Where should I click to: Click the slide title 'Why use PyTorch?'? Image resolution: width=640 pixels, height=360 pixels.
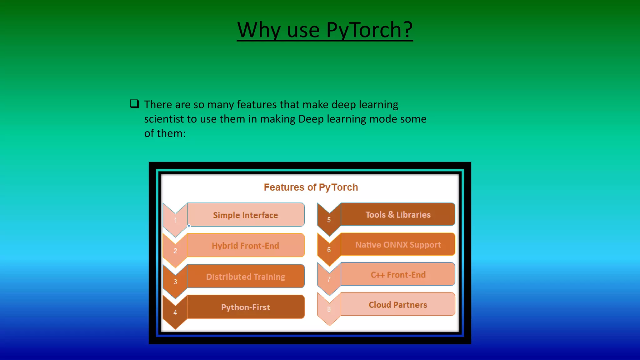point(325,30)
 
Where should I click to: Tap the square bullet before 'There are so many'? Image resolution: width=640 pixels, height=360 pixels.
point(134,104)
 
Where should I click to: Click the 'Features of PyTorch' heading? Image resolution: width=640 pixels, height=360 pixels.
point(311,187)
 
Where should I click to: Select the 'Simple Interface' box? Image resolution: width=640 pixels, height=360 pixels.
point(246,215)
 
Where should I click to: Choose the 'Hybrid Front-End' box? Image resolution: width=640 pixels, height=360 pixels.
point(246,246)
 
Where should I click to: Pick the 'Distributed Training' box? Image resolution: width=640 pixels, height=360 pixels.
point(246,277)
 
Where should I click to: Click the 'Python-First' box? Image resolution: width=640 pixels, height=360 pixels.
point(246,307)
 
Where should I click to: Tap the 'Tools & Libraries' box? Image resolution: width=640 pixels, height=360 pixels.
point(398,215)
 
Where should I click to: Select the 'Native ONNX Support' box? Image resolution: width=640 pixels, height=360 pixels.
point(398,245)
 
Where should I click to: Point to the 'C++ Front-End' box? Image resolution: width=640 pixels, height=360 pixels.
point(398,275)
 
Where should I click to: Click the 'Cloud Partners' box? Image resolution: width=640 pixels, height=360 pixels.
point(398,305)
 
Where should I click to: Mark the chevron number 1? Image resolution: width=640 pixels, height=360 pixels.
point(175,220)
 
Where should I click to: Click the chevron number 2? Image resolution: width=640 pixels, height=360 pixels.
point(175,251)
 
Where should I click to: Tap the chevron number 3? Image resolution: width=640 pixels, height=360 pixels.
point(175,282)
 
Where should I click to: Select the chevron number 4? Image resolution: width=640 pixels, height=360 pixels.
point(175,312)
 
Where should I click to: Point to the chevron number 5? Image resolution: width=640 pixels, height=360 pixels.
point(329,220)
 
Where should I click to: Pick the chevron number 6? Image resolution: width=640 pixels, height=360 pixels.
point(329,250)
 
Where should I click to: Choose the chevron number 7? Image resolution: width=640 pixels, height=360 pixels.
point(329,279)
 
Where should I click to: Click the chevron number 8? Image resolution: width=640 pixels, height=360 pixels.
point(329,309)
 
